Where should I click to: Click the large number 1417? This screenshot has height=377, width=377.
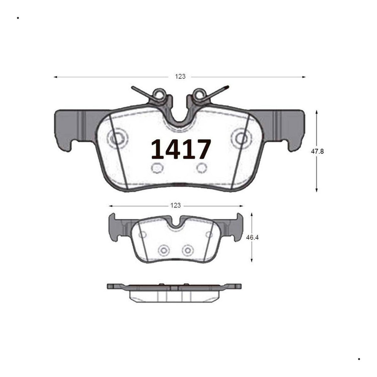click(x=181, y=149)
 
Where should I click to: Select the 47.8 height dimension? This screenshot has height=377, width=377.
click(x=317, y=151)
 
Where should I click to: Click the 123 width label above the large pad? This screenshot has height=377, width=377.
click(x=180, y=76)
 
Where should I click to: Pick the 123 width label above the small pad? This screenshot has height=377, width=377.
click(x=176, y=205)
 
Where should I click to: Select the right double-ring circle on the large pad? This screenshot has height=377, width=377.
click(x=241, y=138)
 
